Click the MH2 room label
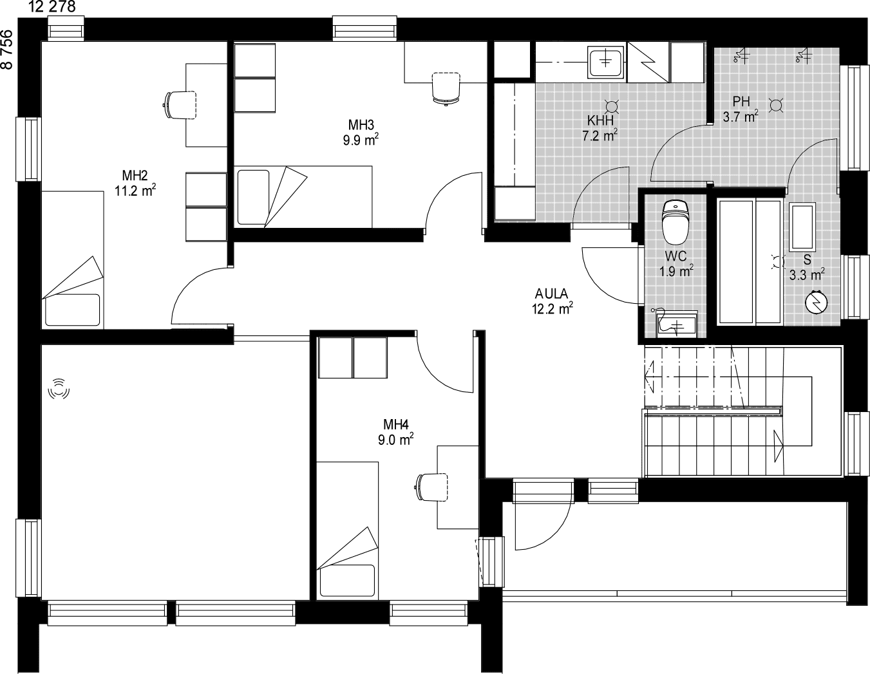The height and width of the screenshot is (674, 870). (x=135, y=175)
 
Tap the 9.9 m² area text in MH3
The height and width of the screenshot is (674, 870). (x=361, y=140)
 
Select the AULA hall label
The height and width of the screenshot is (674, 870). (x=551, y=294)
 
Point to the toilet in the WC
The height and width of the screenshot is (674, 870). (x=675, y=221)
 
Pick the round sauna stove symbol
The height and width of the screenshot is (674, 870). (x=817, y=302)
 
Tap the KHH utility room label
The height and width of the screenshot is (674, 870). (x=600, y=120)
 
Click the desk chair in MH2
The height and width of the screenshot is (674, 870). (x=180, y=106)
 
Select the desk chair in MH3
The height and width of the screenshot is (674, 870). (x=446, y=89)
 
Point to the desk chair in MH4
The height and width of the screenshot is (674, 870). (x=431, y=487)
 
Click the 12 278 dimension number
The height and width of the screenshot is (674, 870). (x=52, y=7)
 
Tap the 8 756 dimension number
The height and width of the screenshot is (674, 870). (x=7, y=50)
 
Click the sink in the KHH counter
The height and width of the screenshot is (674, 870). (x=605, y=62)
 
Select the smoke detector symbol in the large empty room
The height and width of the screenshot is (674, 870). (x=59, y=389)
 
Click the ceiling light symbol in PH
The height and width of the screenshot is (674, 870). (x=776, y=106)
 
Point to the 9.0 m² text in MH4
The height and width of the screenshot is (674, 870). (x=395, y=440)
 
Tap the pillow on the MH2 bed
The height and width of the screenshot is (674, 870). (x=72, y=310)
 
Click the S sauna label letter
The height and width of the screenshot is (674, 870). (x=807, y=260)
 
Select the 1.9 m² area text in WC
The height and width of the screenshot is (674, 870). (x=676, y=272)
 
